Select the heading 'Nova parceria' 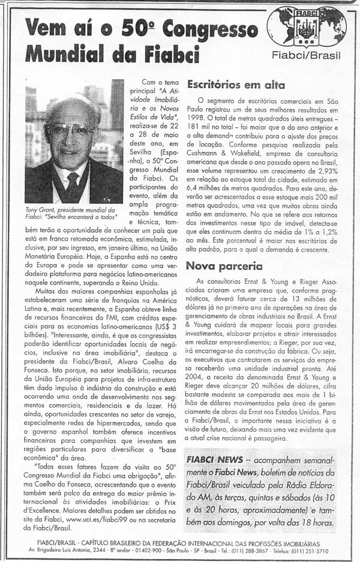pyautogui.click(x=224, y=266)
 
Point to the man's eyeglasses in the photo pyautogui.click(x=71, y=130)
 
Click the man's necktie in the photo pyautogui.click(x=73, y=183)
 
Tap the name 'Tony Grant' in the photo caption pyautogui.click(x=40, y=209)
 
